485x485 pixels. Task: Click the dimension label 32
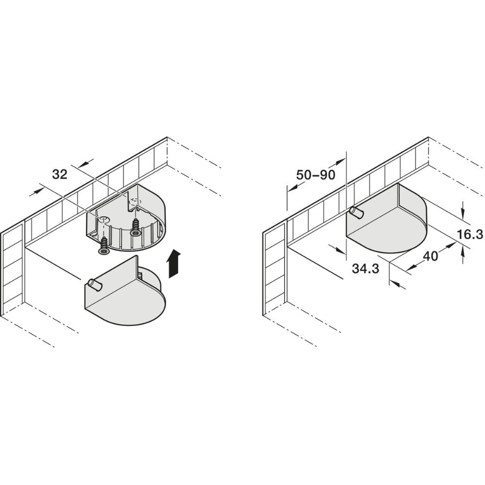pos(60,175)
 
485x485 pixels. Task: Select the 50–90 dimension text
pos(316,175)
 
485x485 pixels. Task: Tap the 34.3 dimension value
pos(365,269)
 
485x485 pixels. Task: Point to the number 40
pos(430,256)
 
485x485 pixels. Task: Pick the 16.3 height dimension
pos(470,235)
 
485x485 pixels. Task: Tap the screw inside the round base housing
pos(135,228)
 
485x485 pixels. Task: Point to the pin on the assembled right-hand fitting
pos(357,213)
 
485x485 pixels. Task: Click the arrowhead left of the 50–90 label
pos(292,191)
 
